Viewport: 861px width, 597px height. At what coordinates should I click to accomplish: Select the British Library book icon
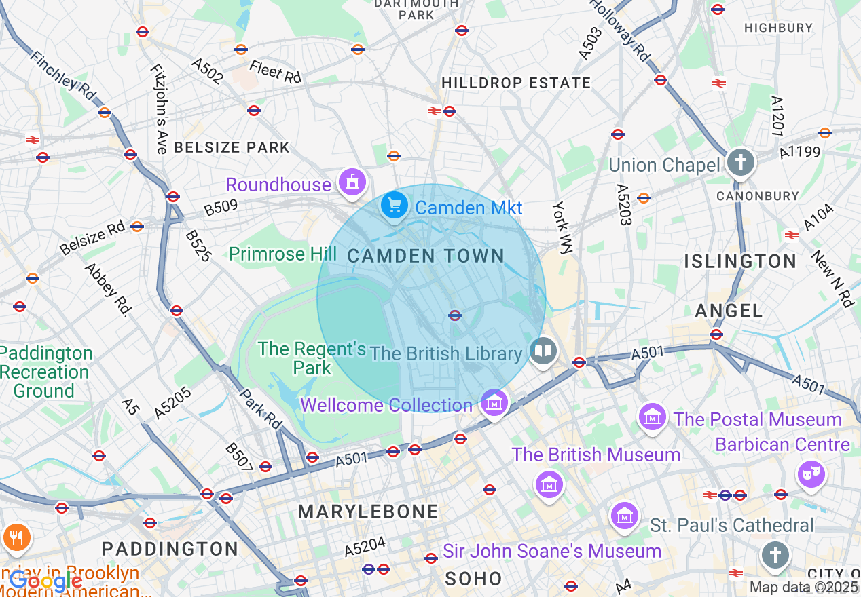click(x=542, y=351)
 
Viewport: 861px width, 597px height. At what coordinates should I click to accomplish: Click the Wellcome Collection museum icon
click(x=494, y=403)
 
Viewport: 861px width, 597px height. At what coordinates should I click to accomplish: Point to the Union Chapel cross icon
click(x=740, y=163)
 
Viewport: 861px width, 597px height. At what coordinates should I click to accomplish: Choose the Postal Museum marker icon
click(x=652, y=417)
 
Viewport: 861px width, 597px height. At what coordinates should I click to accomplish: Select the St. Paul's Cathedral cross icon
click(x=774, y=554)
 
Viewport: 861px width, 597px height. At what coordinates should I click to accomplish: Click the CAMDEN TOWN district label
click(x=426, y=256)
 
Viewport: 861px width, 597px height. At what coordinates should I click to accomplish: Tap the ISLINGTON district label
click(x=740, y=261)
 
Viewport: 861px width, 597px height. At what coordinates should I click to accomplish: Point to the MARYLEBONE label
click(x=368, y=512)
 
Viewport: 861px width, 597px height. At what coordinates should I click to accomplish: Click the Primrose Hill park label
click(x=282, y=254)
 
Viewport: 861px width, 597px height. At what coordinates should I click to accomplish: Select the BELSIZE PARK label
click(x=232, y=147)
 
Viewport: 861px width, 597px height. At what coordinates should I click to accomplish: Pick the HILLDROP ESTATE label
click(x=516, y=83)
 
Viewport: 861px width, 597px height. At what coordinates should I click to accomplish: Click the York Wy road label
click(x=563, y=227)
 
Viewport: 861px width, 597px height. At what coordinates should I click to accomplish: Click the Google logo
click(x=45, y=581)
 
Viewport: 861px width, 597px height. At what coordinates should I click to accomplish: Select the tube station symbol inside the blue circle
click(x=455, y=315)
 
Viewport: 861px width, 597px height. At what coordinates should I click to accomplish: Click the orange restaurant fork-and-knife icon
click(x=13, y=537)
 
